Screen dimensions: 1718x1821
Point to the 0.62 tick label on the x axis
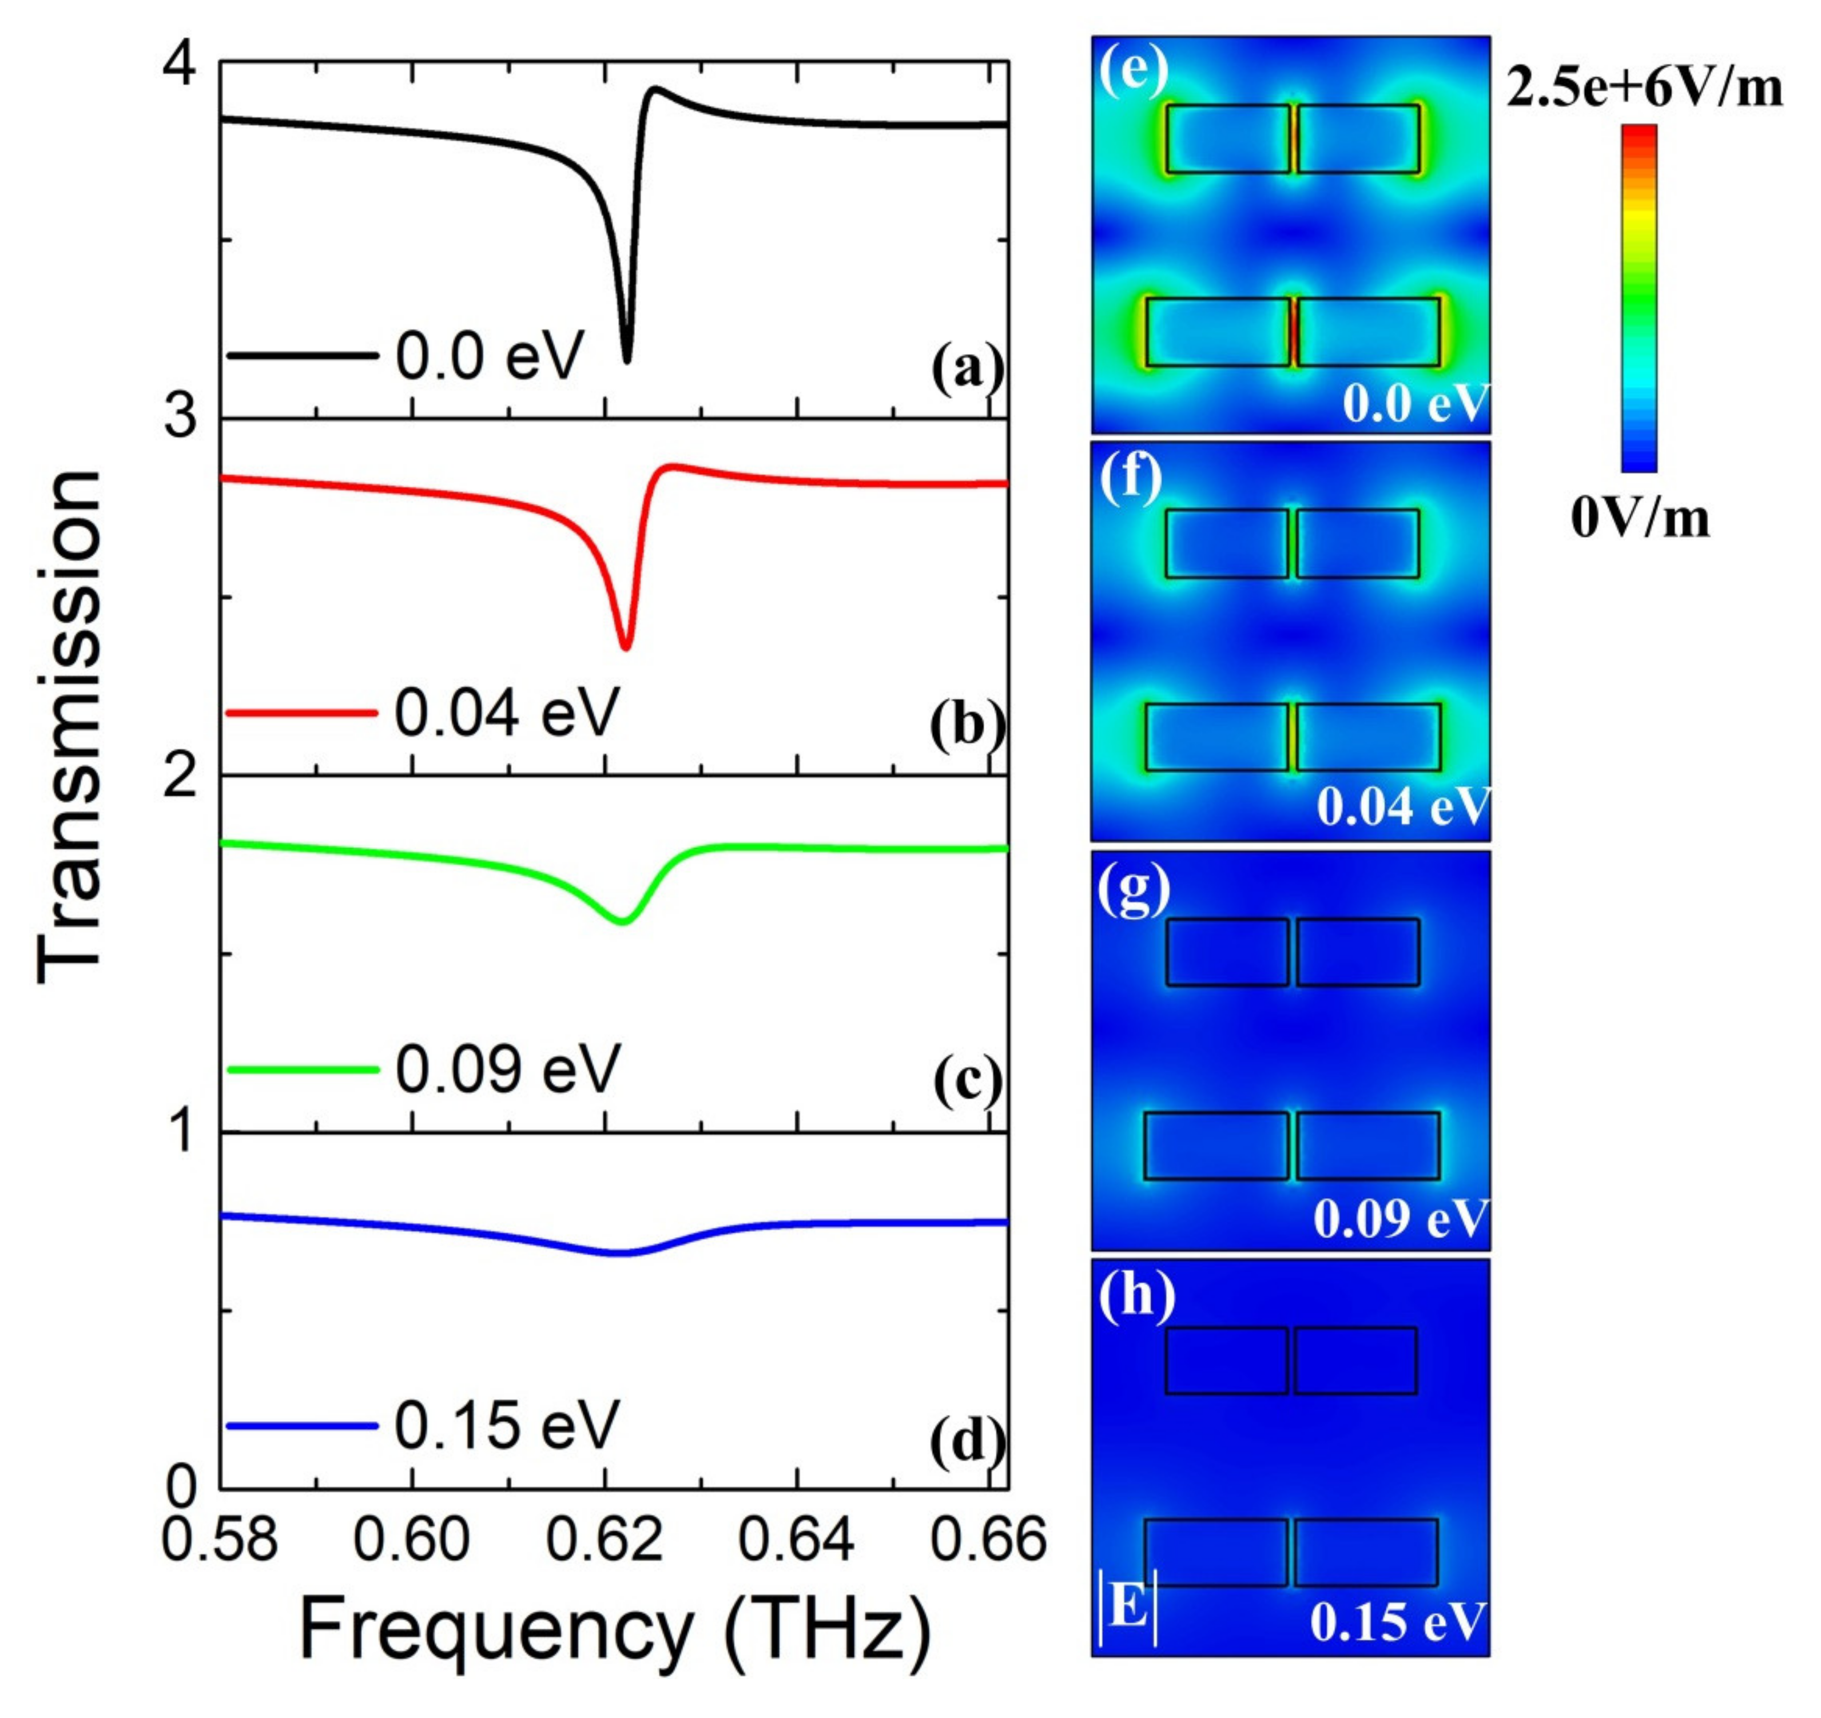(x=605, y=1540)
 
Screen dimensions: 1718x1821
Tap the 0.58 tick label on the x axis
(x=219, y=1540)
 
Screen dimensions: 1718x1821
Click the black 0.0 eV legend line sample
(x=303, y=355)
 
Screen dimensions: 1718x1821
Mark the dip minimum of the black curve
(x=627, y=360)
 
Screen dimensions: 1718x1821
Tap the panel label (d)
(x=967, y=1441)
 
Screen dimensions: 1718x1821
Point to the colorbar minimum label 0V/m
(x=1640, y=519)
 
